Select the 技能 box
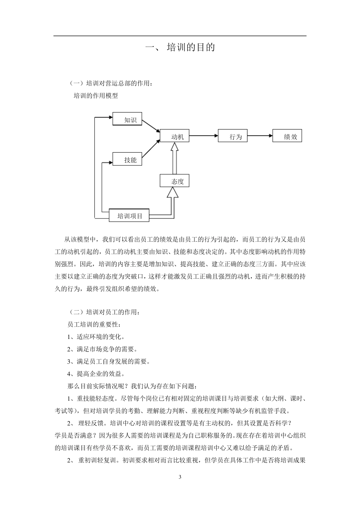(x=127, y=159)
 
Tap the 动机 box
(x=174, y=136)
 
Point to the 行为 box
(x=233, y=136)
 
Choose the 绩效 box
(x=287, y=136)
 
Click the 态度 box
(x=174, y=181)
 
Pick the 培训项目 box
(x=129, y=215)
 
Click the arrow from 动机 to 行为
(x=203, y=136)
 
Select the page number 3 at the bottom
(x=180, y=476)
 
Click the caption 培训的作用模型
(x=95, y=96)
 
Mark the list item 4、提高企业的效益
(x=96, y=374)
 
